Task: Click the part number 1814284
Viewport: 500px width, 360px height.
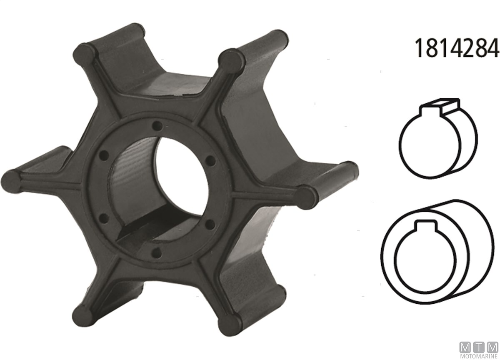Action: click(457, 48)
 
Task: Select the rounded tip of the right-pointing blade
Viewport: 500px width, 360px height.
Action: click(307, 196)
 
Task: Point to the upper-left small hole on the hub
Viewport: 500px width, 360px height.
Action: click(104, 155)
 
